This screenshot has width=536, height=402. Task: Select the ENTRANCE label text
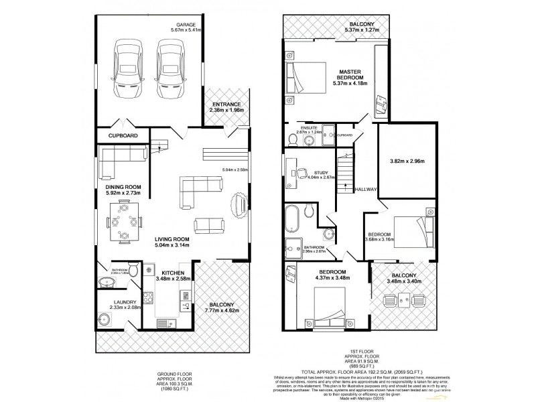[x=227, y=105]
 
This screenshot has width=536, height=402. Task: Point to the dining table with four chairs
[x=125, y=221]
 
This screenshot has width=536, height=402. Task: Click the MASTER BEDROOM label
[x=350, y=74]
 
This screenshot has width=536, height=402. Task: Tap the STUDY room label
[x=322, y=174]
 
